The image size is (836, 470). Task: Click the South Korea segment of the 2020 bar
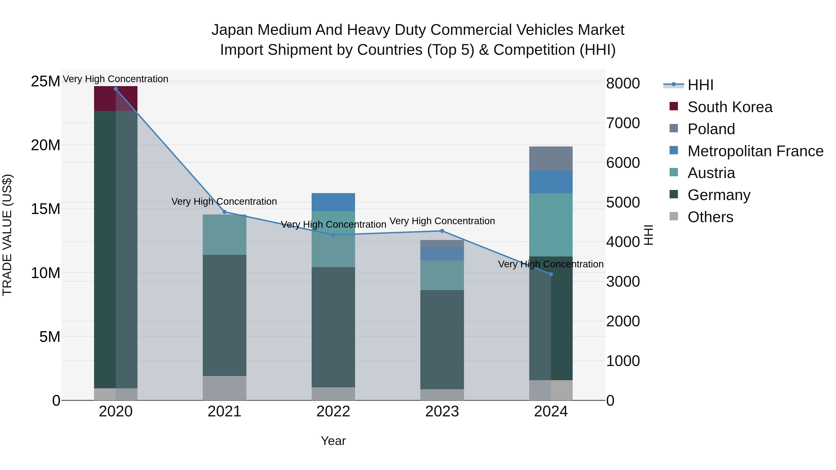(116, 99)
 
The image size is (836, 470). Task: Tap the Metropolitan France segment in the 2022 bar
(333, 202)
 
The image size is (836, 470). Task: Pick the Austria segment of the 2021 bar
(224, 234)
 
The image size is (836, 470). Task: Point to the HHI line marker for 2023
(442, 231)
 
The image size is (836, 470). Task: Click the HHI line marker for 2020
(116, 89)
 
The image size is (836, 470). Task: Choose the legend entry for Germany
(718, 195)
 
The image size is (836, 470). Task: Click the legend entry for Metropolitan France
(755, 151)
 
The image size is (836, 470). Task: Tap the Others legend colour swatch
(673, 216)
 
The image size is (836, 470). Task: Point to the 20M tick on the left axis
(46, 145)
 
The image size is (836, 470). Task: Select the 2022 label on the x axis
(333, 412)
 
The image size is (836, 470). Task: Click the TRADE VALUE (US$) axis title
(7, 235)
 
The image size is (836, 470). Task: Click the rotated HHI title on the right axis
(648, 235)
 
